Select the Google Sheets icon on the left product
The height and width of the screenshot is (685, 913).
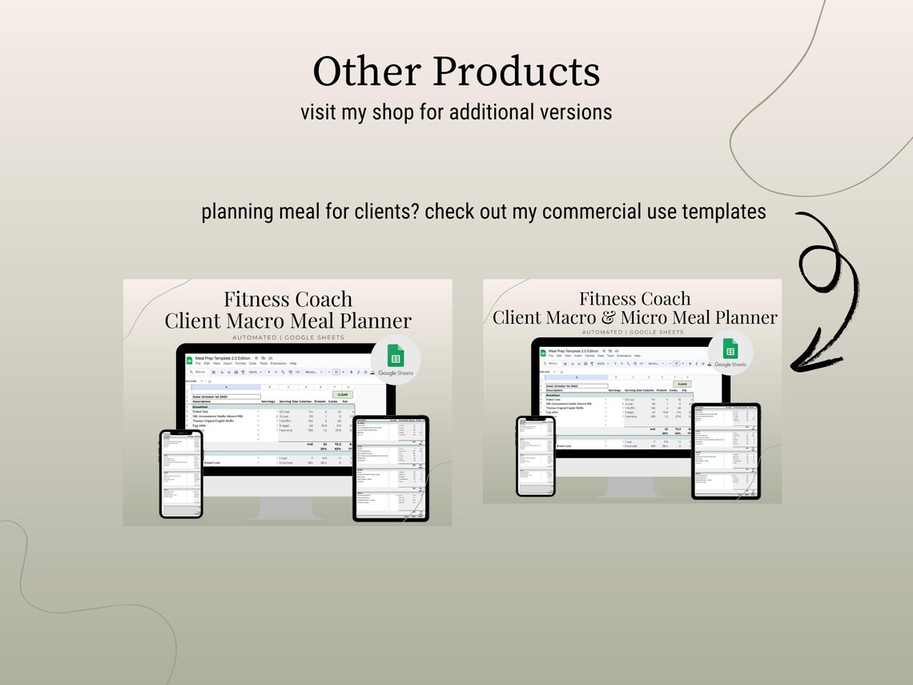pyautogui.click(x=396, y=358)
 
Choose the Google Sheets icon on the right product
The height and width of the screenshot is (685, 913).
pyautogui.click(x=730, y=351)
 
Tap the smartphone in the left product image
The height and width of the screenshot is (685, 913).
pyautogui.click(x=181, y=473)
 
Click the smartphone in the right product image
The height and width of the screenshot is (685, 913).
pyautogui.click(x=536, y=455)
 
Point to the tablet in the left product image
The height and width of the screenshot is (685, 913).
pyautogui.click(x=391, y=468)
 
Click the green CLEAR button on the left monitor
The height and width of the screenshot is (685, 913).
pyautogui.click(x=342, y=395)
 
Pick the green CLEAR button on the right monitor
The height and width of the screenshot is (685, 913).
pyautogui.click(x=682, y=385)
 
